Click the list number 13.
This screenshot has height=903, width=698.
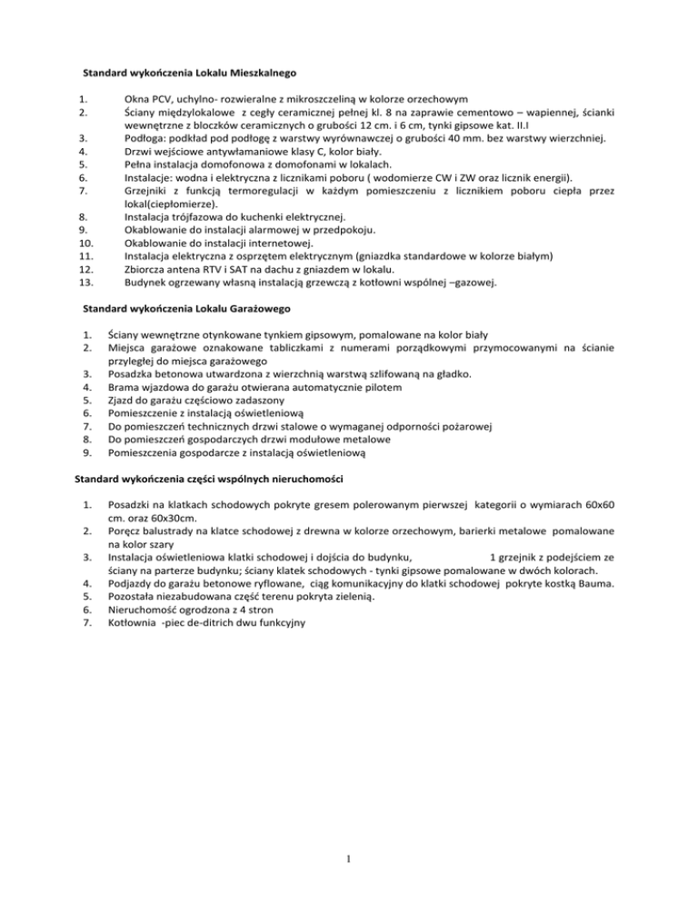click(85, 284)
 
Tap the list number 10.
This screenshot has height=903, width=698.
click(85, 244)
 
